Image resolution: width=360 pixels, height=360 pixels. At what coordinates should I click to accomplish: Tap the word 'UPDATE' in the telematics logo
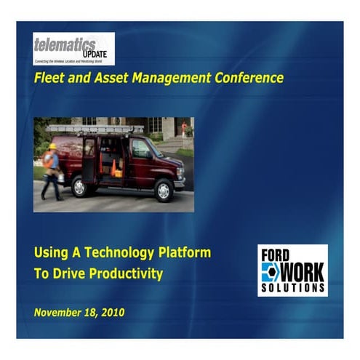pos(96,54)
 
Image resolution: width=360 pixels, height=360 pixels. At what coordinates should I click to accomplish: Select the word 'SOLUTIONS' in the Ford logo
pos(292,289)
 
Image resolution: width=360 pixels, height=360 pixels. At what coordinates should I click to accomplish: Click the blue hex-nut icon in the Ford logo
pos(269,273)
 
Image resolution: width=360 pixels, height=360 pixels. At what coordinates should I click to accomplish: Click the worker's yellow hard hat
pos(52,145)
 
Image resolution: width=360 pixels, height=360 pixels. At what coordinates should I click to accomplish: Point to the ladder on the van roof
pos(95,129)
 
